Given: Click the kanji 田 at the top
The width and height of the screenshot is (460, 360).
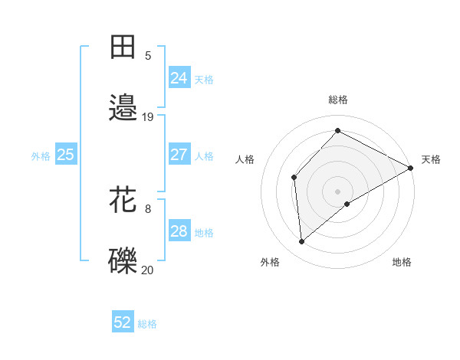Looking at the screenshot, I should click(123, 47).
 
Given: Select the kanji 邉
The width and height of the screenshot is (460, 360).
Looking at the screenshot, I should click(123, 108).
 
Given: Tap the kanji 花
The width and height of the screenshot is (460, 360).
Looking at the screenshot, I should click(123, 200).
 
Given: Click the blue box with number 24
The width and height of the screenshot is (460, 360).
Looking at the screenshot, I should click(179, 78).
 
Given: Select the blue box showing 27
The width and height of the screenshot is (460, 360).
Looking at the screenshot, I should click(179, 155).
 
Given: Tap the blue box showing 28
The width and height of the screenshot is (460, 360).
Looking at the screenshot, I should click(179, 231).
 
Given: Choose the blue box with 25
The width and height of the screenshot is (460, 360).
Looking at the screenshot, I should click(66, 155).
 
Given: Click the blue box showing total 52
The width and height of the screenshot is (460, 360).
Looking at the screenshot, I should click(123, 322).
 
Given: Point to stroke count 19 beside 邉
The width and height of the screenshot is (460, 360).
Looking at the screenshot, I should click(148, 117).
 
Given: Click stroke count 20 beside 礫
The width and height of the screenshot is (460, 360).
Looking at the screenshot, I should click(148, 270).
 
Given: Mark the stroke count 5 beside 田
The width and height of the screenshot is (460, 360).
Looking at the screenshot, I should click(148, 56).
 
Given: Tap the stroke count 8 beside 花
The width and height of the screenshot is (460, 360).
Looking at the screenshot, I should click(148, 208).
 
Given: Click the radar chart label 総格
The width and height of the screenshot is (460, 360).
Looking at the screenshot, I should click(338, 100).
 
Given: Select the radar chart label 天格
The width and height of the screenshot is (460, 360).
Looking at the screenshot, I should click(431, 159).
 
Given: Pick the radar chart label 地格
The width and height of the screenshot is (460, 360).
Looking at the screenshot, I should click(402, 262).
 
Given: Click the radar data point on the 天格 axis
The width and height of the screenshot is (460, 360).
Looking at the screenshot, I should click(411, 167).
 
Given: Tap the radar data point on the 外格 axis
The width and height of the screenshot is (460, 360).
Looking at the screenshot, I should click(301, 242).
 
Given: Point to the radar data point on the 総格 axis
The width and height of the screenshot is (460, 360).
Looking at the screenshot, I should click(337, 131).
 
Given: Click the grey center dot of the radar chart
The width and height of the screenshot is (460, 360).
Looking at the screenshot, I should click(337, 191).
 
